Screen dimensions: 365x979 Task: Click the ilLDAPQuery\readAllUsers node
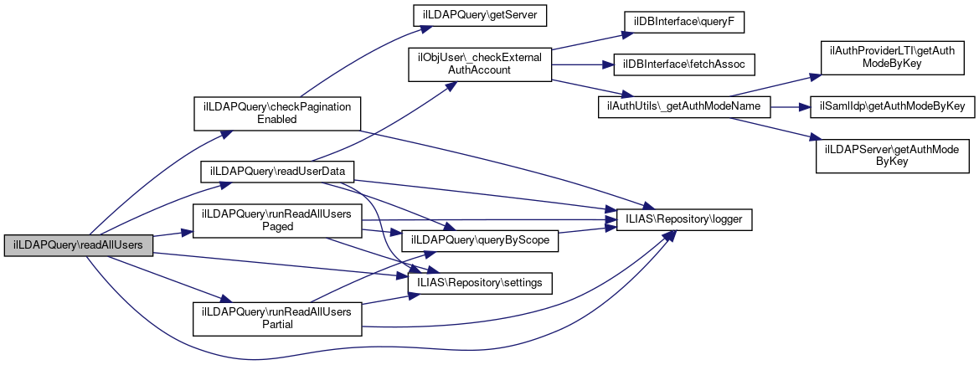click(x=79, y=245)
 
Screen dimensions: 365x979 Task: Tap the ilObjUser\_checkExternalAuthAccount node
click(x=479, y=64)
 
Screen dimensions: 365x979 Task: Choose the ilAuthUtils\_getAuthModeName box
click(x=683, y=107)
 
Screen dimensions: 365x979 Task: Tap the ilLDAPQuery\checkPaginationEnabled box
click(x=277, y=114)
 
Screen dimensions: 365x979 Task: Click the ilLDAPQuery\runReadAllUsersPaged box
click(x=277, y=219)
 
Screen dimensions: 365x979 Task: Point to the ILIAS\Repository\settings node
click(x=480, y=283)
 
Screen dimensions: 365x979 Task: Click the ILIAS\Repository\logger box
click(x=684, y=219)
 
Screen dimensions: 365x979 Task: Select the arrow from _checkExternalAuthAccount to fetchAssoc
click(x=581, y=64)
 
